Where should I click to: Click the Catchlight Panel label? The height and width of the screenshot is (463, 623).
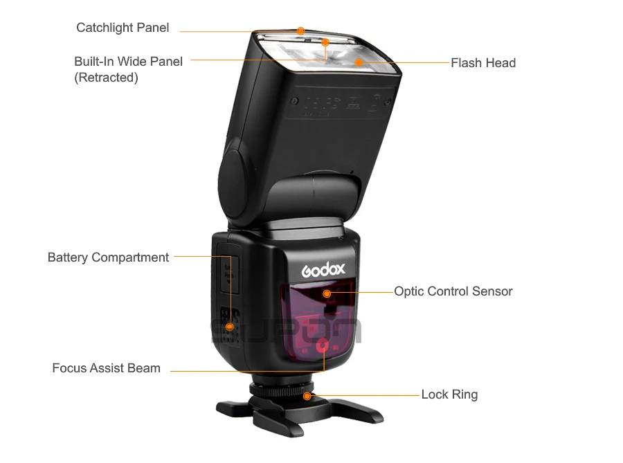[123, 28]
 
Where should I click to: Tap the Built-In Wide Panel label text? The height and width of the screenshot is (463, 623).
[129, 62]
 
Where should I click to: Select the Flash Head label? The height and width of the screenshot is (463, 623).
[483, 63]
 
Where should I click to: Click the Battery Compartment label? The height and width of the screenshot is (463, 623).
[108, 257]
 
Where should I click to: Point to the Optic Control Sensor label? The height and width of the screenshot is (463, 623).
[453, 291]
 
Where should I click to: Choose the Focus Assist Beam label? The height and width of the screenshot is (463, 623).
[106, 368]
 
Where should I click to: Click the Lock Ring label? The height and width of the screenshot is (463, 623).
[449, 395]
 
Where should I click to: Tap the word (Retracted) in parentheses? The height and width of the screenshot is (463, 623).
[106, 78]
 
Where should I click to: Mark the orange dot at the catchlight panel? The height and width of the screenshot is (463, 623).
[300, 31]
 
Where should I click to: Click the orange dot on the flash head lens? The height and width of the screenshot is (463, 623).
[359, 62]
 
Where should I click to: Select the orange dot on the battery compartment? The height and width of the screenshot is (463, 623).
[229, 326]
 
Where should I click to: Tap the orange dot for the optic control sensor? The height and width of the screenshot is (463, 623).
[327, 293]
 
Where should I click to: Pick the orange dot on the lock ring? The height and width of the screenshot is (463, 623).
[307, 396]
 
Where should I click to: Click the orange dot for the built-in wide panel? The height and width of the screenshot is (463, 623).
[325, 42]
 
